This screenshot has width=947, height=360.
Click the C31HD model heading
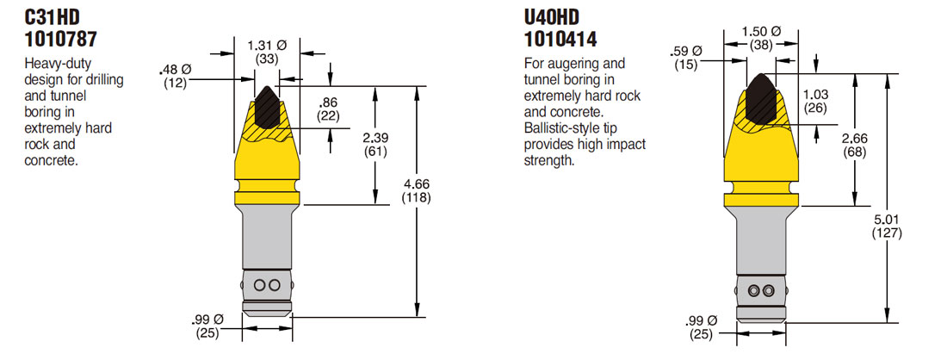tap(58, 17)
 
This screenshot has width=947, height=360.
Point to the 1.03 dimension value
tap(814, 95)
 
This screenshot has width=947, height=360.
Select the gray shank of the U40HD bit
tap(761, 245)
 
